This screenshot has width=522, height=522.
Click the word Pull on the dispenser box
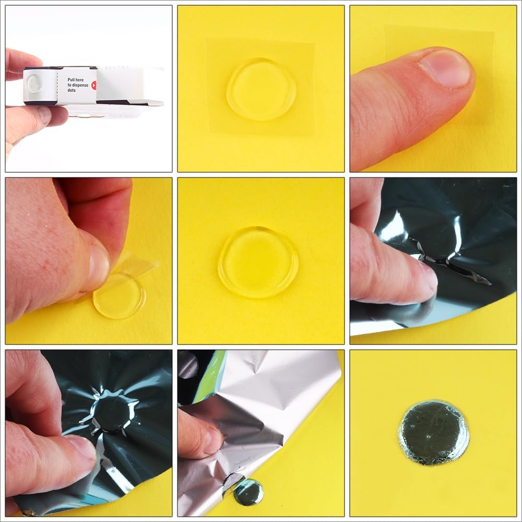tap(71, 80)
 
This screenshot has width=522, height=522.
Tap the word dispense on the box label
tap(81, 85)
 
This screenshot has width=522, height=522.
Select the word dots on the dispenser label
tap(72, 90)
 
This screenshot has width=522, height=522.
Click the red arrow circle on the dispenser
tap(94, 85)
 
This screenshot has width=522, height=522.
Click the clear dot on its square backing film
tap(262, 89)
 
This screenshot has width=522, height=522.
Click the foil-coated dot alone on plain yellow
tap(433, 432)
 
